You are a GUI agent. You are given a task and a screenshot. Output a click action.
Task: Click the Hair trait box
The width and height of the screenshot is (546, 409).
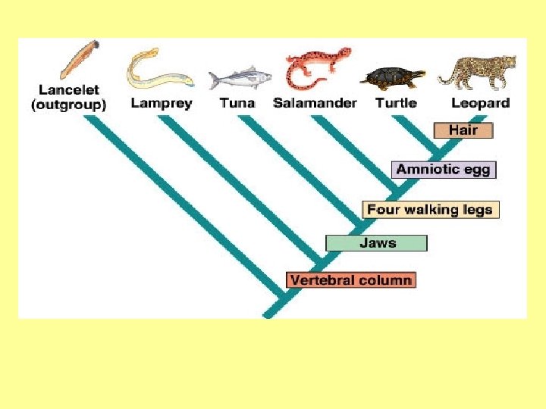point(463,130)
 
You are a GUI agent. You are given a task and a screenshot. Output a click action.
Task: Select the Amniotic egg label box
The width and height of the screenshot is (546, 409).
point(444,170)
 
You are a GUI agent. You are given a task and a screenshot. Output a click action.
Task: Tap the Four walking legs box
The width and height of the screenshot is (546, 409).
point(431,210)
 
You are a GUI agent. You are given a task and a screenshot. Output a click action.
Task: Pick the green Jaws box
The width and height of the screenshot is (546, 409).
point(376,243)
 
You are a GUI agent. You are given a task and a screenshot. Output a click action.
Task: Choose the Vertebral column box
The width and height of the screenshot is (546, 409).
point(351,280)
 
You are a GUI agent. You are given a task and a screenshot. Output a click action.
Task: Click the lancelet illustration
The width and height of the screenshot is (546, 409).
point(80,59)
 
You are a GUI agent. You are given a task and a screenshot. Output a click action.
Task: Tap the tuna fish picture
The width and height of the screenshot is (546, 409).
point(240,78)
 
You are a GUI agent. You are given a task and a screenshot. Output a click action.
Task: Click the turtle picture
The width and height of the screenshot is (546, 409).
point(393,79)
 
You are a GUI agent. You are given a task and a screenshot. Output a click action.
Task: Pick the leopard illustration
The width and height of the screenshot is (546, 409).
point(477,73)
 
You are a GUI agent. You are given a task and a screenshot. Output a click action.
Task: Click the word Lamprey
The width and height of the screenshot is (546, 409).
point(162,103)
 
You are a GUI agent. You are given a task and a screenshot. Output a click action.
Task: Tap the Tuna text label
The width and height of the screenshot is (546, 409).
point(237,103)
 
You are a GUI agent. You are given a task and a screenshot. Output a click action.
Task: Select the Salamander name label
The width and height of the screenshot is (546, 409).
point(315,103)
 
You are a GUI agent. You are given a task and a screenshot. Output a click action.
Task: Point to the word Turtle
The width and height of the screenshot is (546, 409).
point(397,103)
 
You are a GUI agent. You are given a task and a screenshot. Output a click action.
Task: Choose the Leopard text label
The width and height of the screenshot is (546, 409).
point(481,103)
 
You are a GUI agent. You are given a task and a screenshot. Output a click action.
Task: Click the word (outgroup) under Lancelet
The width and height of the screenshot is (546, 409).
point(68,105)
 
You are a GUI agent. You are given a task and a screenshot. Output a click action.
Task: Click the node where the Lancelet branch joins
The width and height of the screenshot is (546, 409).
point(282,298)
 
